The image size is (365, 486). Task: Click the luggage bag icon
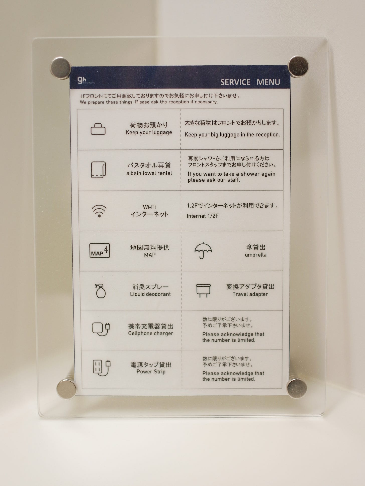click(x=98, y=129)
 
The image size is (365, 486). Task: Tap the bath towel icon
click(x=99, y=170)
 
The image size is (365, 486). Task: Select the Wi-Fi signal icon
click(x=99, y=211)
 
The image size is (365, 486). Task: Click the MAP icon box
click(x=100, y=250)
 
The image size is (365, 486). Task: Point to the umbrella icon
click(x=203, y=250)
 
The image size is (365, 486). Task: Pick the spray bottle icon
click(x=101, y=291)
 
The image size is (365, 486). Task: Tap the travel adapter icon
click(x=203, y=290)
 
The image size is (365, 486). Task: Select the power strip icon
click(x=102, y=368)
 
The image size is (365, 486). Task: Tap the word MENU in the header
click(x=268, y=82)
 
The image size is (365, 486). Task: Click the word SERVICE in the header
click(x=235, y=82)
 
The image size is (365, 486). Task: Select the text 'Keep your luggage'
click(x=149, y=132)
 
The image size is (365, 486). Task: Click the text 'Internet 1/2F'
click(x=203, y=216)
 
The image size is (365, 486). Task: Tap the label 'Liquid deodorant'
click(x=150, y=294)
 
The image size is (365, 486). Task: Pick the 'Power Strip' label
click(x=151, y=372)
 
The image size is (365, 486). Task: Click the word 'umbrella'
click(x=256, y=255)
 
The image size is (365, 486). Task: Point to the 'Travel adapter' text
click(x=250, y=294)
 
